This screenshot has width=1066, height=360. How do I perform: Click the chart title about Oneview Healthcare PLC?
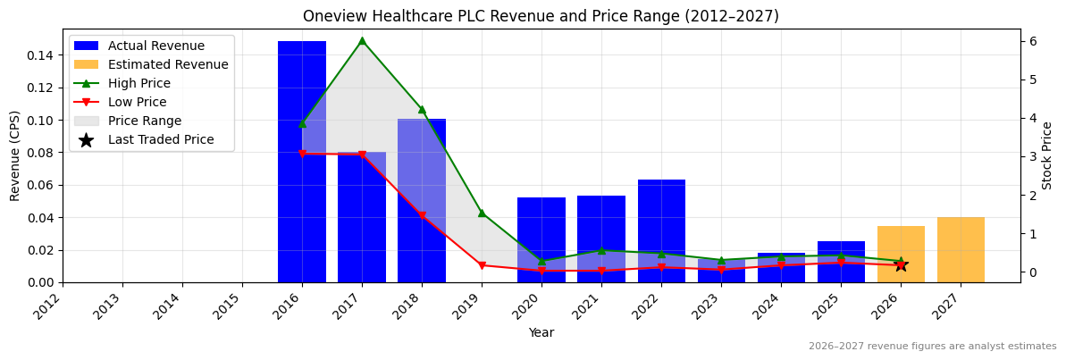point(541,16)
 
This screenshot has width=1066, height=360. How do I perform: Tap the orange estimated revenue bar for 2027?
point(961,250)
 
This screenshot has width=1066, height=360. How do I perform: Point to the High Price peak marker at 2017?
point(362,40)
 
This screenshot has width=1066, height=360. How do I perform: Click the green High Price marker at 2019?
point(482,213)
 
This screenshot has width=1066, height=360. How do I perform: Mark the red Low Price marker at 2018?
point(422,215)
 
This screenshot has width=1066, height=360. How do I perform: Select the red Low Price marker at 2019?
point(482,265)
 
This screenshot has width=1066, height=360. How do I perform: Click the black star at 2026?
point(901,264)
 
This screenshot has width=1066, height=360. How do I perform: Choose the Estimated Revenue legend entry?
point(168,64)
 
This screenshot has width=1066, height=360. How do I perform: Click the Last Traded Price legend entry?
point(161,139)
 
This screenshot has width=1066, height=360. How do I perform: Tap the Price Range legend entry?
point(145,121)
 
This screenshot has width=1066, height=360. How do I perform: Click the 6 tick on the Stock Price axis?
point(1032,41)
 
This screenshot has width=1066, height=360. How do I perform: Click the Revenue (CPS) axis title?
point(15,155)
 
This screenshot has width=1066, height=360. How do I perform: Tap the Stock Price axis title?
point(1047,155)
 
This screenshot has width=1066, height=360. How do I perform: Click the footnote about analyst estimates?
point(932,347)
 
